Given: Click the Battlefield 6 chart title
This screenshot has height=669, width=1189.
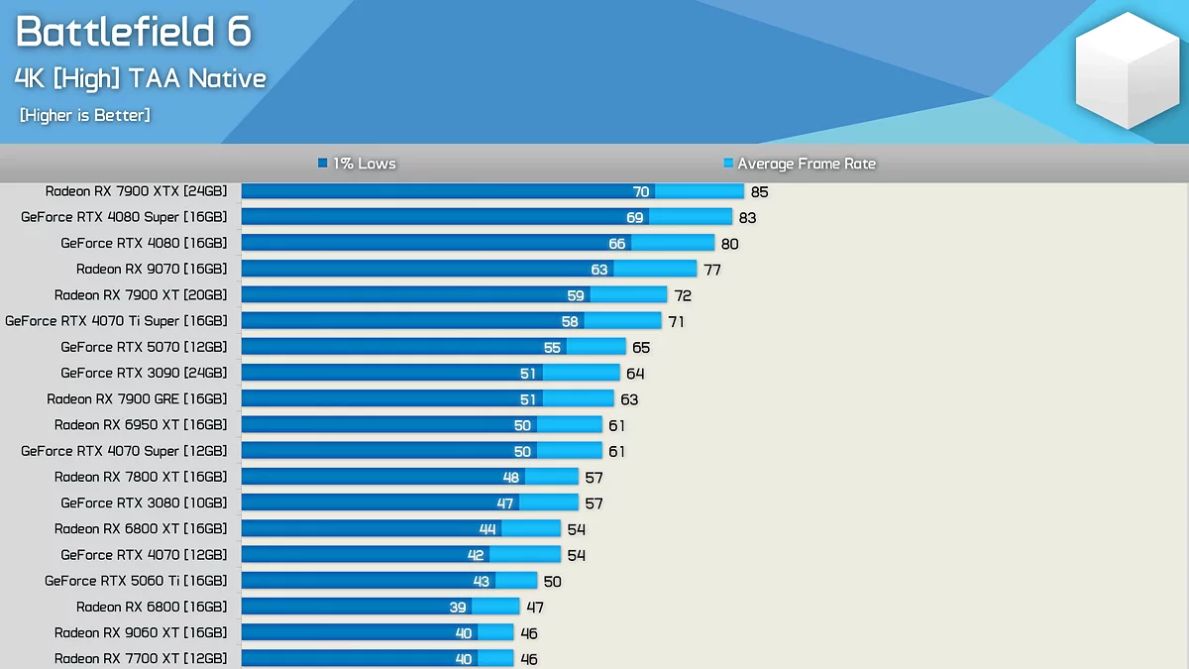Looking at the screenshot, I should tap(134, 33).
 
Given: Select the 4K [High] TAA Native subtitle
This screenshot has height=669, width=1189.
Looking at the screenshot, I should tap(141, 78).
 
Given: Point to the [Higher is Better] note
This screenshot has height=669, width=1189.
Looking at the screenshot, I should tap(85, 116).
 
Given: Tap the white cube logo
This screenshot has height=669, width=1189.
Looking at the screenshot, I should tap(1126, 71).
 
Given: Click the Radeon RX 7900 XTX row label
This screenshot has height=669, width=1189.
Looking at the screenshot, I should tap(136, 191).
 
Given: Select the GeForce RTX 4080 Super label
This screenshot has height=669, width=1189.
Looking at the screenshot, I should tap(124, 217).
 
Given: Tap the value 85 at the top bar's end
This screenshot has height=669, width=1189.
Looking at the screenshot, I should tap(759, 192).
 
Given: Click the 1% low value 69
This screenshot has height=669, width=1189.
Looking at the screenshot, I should tap(634, 218).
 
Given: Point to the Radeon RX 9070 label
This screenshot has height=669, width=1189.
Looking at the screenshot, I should tap(152, 269).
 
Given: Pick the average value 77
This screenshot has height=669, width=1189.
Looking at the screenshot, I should tap(711, 270).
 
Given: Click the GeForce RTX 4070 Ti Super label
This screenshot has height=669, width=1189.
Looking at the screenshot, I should tap(116, 321).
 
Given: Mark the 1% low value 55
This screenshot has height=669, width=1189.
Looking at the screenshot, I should tap(552, 348).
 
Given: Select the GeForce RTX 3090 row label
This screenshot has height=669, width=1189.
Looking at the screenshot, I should tap(144, 373).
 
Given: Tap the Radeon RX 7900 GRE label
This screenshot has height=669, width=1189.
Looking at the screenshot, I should tap(137, 398).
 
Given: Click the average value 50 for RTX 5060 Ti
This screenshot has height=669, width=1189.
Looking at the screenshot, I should tap(552, 582).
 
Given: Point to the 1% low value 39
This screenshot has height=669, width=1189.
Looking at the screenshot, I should tap(457, 608).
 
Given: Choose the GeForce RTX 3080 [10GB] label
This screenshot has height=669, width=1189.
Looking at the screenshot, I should tap(144, 502).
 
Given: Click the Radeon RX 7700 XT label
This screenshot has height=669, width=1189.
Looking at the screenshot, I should tap(141, 658).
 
